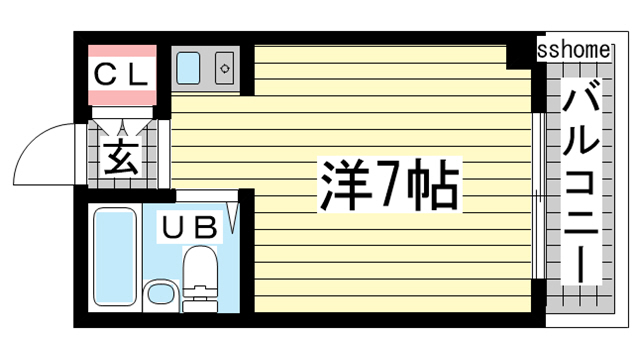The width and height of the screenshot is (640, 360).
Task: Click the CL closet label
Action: coord(122,72)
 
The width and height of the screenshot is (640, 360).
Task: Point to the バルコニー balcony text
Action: coord(581,185)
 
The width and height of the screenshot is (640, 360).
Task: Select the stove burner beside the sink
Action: coord(224,69)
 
